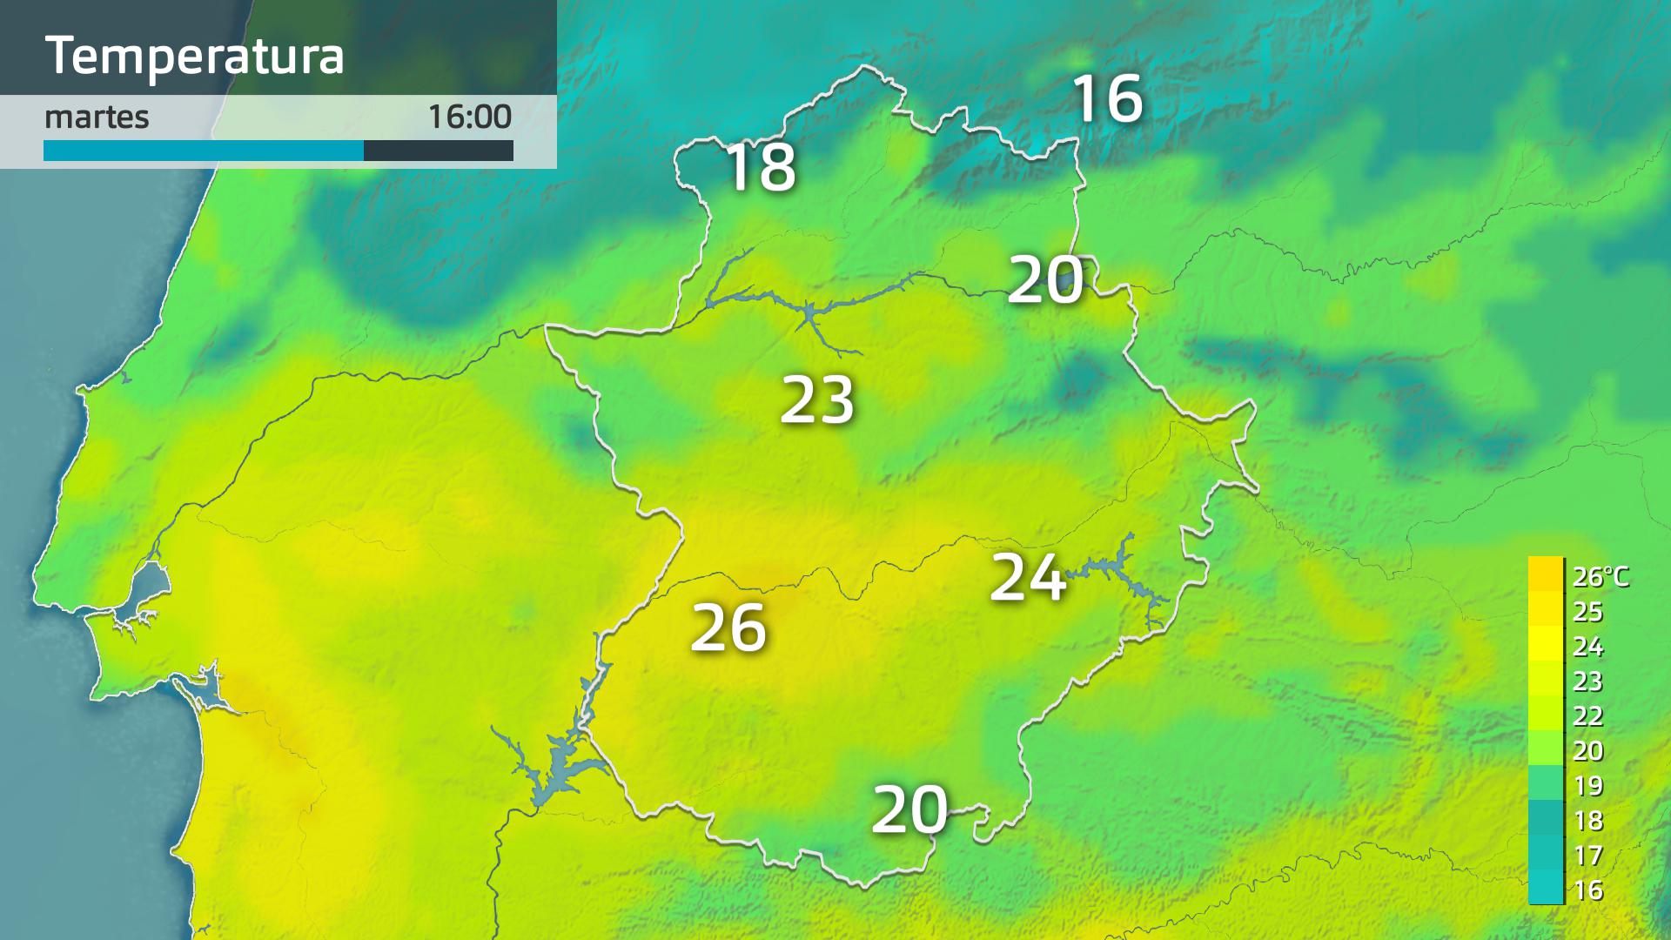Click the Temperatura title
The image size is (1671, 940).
[194, 56]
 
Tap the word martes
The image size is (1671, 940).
[97, 117]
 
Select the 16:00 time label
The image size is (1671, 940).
[469, 117]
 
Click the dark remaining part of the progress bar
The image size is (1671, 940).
[438, 151]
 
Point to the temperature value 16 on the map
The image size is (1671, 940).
[1107, 97]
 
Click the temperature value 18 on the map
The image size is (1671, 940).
[760, 166]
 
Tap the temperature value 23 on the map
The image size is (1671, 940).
[816, 400]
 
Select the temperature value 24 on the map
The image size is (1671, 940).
[1028, 577]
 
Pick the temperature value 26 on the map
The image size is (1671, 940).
[728, 628]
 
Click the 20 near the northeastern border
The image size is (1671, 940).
[1045, 280]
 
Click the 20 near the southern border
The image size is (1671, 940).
[909, 809]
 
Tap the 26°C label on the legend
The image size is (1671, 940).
[1600, 576]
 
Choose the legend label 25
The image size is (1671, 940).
[1587, 612]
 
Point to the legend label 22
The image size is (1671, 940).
[1587, 716]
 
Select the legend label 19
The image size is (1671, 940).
[1587, 786]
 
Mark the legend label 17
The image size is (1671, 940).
[1587, 856]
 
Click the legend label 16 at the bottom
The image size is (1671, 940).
[1587, 890]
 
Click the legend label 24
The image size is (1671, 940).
[1587, 647]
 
